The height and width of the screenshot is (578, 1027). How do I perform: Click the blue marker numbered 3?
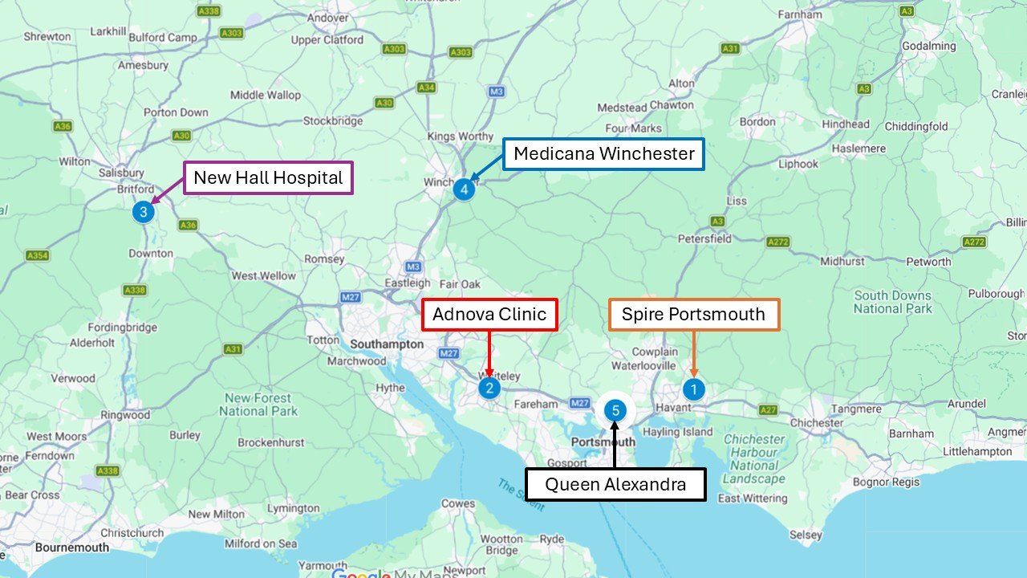[x=143, y=213]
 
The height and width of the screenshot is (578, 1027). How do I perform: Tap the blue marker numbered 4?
[x=464, y=189]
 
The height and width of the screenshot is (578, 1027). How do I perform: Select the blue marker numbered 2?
[x=489, y=389]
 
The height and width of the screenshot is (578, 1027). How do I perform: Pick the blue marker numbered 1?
[x=693, y=389]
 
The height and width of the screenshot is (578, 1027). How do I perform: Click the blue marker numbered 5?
[x=615, y=411]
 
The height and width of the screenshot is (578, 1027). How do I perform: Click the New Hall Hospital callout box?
[x=268, y=178]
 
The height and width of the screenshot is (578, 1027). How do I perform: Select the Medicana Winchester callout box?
[x=603, y=153]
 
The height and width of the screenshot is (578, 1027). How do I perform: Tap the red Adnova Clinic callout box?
[x=489, y=314]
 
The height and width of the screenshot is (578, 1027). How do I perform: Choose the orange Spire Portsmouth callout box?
[x=694, y=314]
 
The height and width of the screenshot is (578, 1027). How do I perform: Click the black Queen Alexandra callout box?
[x=615, y=485]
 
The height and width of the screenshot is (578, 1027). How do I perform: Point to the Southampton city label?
[x=387, y=344]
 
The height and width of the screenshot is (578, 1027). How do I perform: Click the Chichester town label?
[x=817, y=422]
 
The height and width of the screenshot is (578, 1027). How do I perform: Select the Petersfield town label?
[x=704, y=238]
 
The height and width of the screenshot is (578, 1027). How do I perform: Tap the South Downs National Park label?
[x=892, y=302]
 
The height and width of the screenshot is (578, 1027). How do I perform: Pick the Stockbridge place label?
[x=332, y=121]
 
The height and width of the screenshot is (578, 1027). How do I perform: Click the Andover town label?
[x=327, y=18]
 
